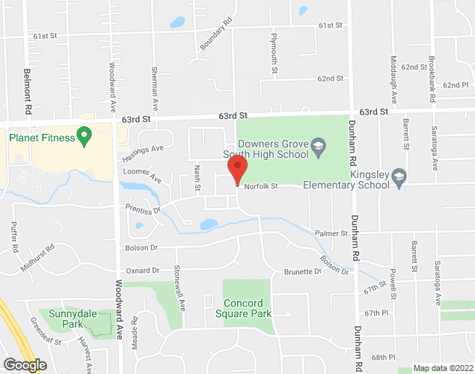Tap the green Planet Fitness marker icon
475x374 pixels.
coord(85,136)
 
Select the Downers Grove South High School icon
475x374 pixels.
coord(318,144)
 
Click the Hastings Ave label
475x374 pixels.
coord(142,153)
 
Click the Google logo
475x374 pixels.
coord(25,365)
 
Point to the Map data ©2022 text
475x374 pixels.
coord(444,368)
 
